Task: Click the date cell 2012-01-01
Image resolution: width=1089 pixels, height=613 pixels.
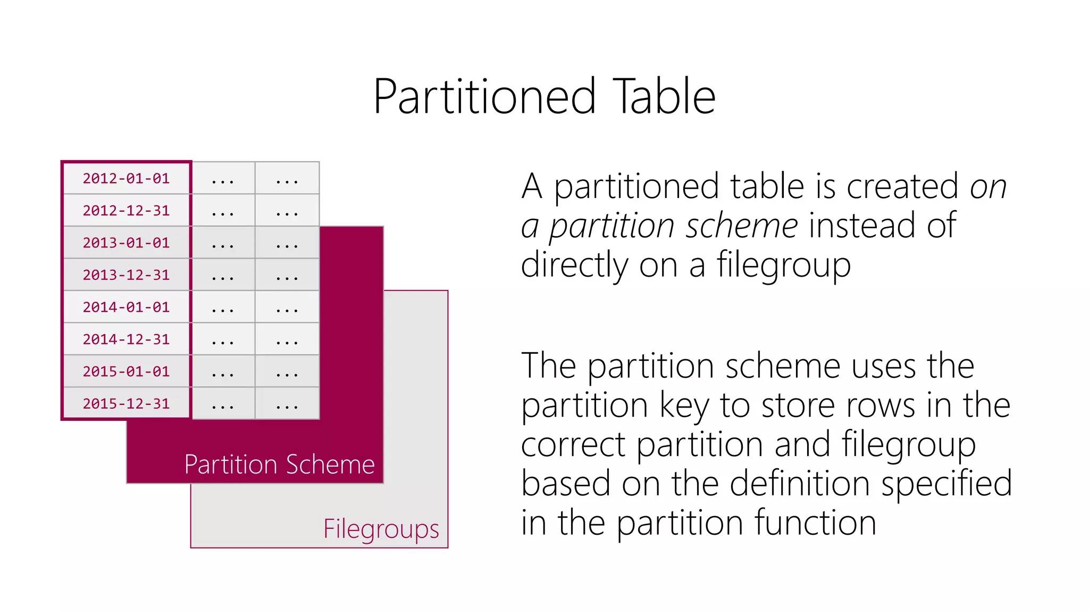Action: point(126,178)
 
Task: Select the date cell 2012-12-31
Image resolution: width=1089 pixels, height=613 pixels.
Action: point(126,211)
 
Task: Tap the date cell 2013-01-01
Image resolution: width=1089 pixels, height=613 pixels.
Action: point(126,243)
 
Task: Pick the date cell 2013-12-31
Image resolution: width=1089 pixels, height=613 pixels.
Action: point(126,275)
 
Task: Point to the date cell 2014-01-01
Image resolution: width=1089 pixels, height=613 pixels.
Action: point(126,307)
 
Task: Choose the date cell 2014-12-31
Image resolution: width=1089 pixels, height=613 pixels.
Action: point(126,339)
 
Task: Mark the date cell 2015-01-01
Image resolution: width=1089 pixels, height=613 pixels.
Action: point(126,371)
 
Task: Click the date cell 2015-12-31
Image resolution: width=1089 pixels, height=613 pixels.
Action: point(126,404)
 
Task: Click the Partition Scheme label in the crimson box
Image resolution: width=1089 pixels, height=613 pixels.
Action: point(279,465)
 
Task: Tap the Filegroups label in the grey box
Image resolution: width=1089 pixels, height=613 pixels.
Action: point(381,529)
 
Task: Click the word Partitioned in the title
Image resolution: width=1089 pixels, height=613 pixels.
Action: point(484,97)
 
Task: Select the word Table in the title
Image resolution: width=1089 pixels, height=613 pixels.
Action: point(664,97)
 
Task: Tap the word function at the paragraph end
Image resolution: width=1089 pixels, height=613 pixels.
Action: point(815,523)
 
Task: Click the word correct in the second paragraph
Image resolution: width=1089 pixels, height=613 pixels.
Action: point(573,445)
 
